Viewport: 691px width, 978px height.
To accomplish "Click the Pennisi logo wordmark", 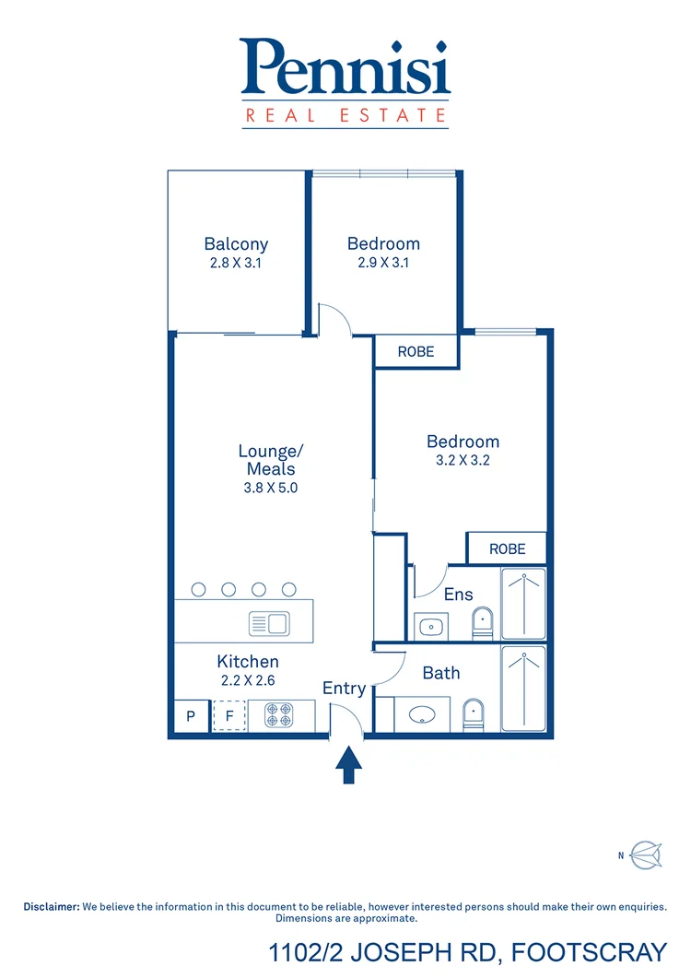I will click(x=345, y=67).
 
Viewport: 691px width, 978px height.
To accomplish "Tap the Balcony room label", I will click(x=236, y=244).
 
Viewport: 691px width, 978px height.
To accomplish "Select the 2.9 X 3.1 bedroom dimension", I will click(x=383, y=263).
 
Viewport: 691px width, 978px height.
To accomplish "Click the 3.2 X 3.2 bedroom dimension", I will click(x=462, y=460).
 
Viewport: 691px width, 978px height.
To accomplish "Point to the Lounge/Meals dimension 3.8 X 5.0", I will click(x=270, y=489).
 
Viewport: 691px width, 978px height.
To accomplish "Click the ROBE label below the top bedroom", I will click(x=416, y=352).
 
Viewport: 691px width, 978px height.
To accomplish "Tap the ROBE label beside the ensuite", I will click(x=507, y=548).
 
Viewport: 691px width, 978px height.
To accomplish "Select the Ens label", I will click(x=458, y=595).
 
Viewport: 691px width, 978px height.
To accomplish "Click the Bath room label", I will click(x=441, y=673).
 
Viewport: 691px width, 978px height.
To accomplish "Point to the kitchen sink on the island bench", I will click(x=269, y=624).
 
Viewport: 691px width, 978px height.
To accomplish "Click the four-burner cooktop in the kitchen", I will click(x=279, y=715).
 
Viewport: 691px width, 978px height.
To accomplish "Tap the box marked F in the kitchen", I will click(x=229, y=716).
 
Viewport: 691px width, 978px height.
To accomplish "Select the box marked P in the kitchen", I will click(x=192, y=716).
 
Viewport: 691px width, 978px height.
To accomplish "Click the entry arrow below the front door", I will click(x=348, y=765).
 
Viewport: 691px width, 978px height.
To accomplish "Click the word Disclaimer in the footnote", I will click(x=52, y=907).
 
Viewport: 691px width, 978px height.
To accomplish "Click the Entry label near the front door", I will click(x=344, y=688).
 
